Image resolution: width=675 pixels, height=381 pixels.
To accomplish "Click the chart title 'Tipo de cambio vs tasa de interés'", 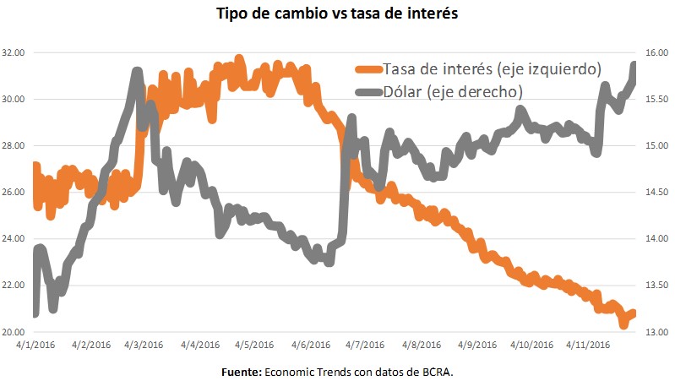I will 337,14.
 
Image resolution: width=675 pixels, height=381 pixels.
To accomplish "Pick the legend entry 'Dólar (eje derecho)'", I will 452,91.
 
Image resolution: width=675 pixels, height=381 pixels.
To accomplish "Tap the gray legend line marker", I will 367,91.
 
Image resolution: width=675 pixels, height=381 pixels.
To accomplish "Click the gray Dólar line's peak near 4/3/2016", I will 137,73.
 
